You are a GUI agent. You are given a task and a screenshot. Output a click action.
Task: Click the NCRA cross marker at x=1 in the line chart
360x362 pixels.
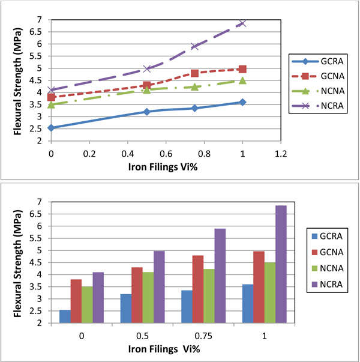pos(242,23)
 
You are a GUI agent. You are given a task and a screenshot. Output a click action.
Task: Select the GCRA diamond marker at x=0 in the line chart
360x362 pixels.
pos(51,128)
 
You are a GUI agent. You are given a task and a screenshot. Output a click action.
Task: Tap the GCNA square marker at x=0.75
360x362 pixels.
pos(194,73)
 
